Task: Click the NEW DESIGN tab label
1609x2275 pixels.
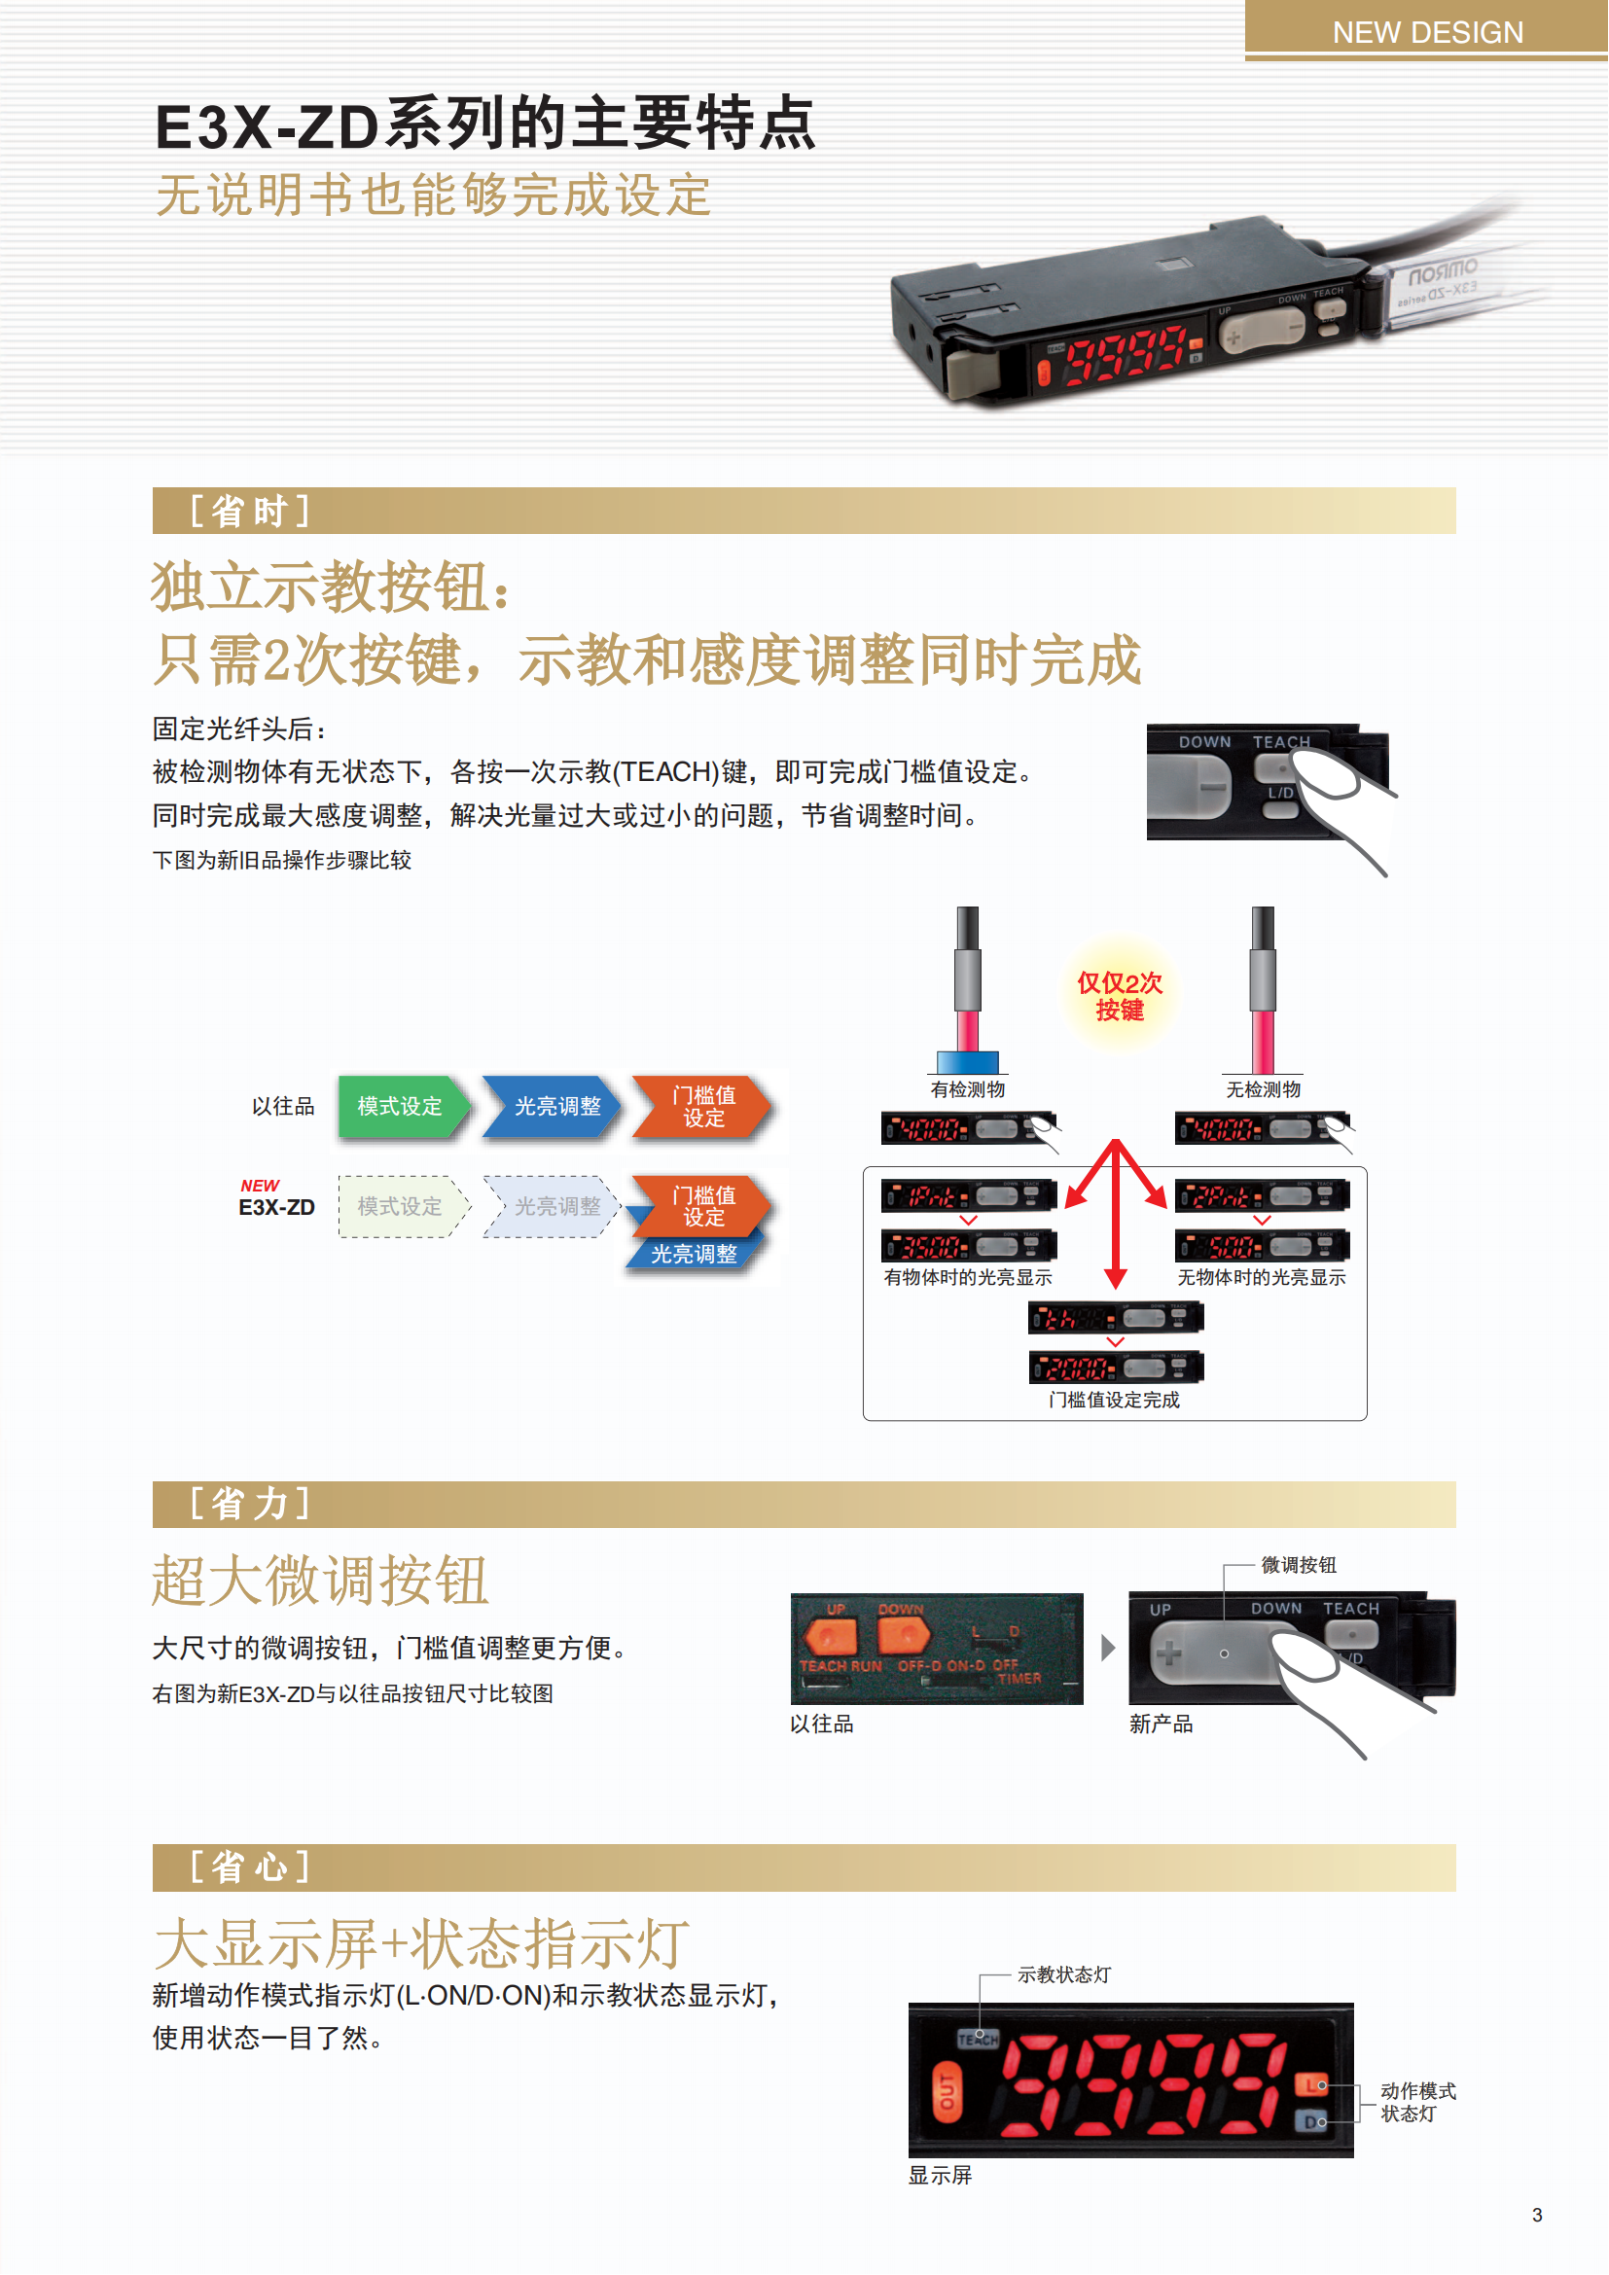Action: [1427, 33]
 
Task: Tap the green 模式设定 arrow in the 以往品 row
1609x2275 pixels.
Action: [400, 1106]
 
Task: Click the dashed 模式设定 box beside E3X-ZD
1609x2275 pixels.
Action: [400, 1206]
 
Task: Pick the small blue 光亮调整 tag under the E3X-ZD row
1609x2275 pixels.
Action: [694, 1254]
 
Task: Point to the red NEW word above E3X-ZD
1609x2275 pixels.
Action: [260, 1185]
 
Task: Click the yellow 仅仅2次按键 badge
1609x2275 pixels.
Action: [1120, 996]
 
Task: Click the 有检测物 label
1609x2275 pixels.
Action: [968, 1089]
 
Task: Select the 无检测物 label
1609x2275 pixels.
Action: [1264, 1089]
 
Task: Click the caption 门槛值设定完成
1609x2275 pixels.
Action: [1115, 1399]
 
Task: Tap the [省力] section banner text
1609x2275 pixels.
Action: [250, 1503]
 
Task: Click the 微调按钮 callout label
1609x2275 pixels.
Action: [1298, 1565]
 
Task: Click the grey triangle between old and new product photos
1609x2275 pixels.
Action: [1108, 1647]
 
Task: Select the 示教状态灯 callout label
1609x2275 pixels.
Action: [1064, 1974]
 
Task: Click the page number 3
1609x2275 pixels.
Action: [1537, 2215]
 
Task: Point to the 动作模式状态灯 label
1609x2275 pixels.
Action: [1417, 2102]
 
